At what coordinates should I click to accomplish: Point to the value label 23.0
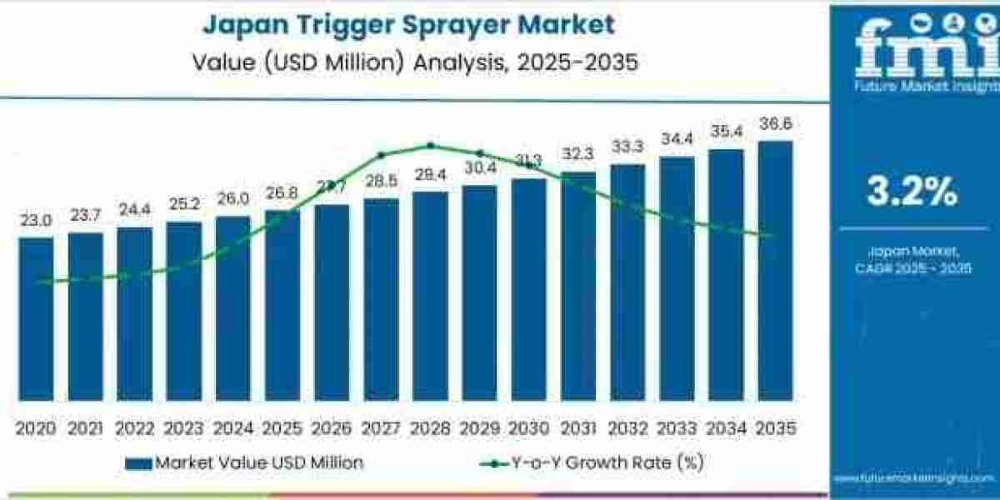(x=36, y=221)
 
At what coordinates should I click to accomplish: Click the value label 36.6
(x=775, y=124)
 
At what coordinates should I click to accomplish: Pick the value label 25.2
(x=183, y=205)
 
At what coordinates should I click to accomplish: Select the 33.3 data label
(x=627, y=147)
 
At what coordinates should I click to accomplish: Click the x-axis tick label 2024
(x=232, y=428)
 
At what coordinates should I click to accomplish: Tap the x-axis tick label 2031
(x=577, y=428)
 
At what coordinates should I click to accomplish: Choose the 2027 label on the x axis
(x=381, y=428)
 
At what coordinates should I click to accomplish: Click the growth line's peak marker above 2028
(x=431, y=146)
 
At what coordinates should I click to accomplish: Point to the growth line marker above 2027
(x=381, y=155)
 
